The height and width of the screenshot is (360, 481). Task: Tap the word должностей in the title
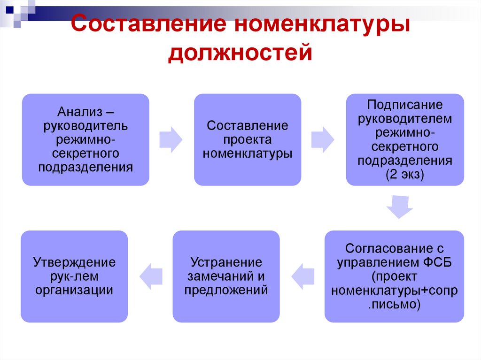(240, 51)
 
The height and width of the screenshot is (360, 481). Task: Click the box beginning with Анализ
(85, 139)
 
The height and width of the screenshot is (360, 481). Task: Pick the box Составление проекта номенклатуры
(248, 139)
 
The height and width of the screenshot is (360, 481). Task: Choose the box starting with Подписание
(405, 139)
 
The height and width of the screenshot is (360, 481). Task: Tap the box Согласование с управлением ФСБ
(394, 276)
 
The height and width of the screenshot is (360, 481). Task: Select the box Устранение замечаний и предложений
(226, 276)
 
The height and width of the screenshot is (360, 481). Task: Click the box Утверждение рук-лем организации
(74, 276)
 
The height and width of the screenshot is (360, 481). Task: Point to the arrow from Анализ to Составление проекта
(171, 139)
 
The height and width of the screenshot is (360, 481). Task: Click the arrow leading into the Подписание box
(323, 139)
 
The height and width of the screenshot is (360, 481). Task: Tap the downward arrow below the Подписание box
(400, 207)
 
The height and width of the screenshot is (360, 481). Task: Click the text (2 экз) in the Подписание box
(405, 175)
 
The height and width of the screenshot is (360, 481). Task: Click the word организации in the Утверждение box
(74, 290)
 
